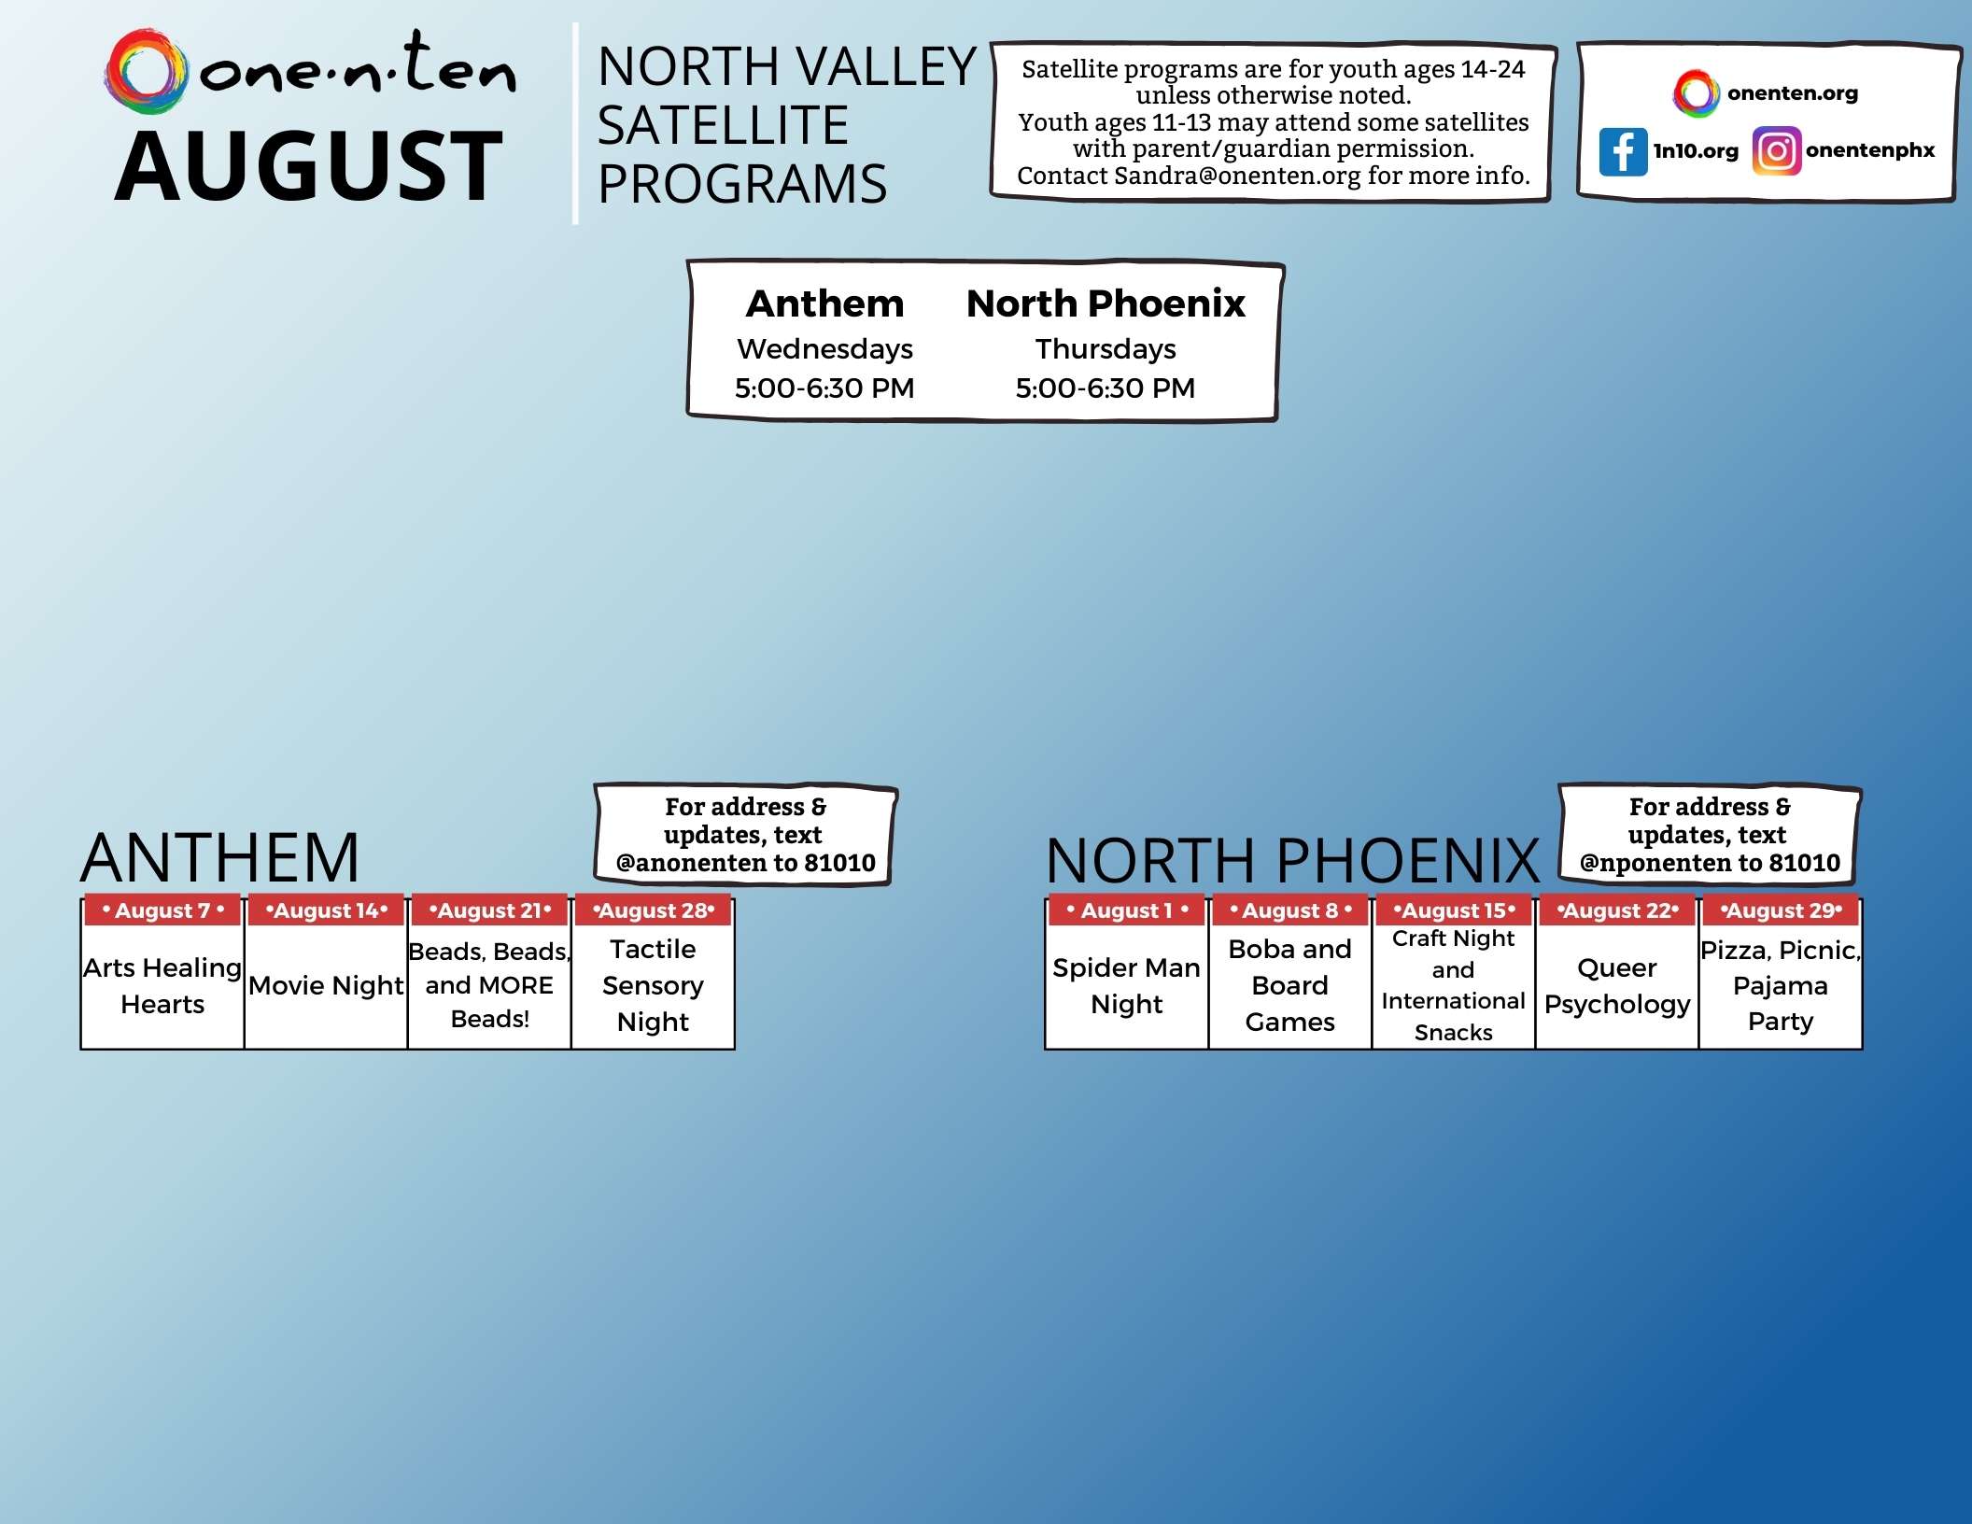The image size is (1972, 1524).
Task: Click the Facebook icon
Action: (1623, 151)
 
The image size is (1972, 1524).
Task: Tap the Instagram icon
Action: (1776, 151)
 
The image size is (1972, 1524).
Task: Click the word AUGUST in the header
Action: (309, 166)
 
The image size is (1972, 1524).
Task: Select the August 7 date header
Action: (162, 910)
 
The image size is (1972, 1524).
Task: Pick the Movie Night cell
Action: (326, 985)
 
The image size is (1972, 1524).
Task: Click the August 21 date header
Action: (489, 910)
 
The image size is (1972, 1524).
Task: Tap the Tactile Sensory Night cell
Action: (653, 985)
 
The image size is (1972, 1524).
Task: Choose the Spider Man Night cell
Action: (1126, 985)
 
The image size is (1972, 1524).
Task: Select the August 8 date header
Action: (1290, 910)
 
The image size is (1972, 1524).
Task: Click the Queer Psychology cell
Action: (1617, 985)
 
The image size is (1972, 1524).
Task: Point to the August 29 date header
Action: (1781, 910)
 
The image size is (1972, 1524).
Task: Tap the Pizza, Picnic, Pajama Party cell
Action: (1781, 985)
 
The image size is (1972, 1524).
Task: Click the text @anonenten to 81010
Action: (745, 863)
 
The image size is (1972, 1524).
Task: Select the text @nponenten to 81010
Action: (1709, 863)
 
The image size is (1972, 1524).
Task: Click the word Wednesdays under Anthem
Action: (824, 349)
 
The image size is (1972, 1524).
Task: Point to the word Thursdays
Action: (1106, 349)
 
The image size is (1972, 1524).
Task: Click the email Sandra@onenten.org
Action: (1237, 176)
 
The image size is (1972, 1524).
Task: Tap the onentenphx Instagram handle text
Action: (1869, 150)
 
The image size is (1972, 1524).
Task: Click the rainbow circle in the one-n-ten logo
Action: (146, 71)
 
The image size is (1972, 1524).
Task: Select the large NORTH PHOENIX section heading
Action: (1292, 859)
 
